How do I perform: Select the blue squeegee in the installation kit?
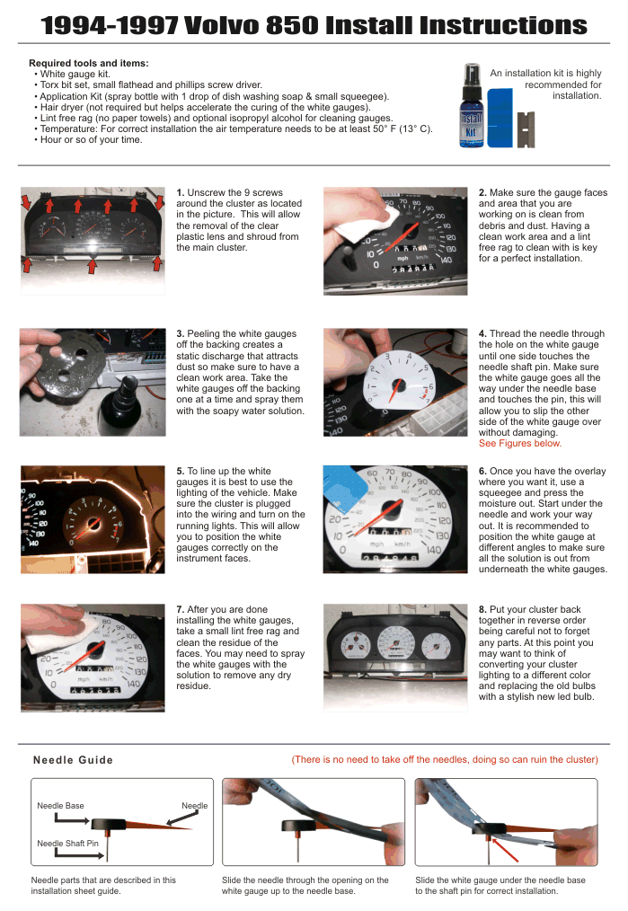[500, 118]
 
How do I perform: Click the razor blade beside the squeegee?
[526, 129]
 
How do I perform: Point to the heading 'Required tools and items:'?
[89, 63]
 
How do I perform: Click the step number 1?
[180, 193]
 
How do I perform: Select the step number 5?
[180, 471]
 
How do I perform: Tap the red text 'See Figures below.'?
[520, 443]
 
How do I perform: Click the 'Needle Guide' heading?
[73, 760]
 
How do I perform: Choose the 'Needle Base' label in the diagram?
[60, 806]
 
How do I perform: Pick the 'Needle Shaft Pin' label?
[68, 844]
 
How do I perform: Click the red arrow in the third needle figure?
[504, 849]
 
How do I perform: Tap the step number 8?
[482, 609]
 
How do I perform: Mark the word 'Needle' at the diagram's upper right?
[195, 806]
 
